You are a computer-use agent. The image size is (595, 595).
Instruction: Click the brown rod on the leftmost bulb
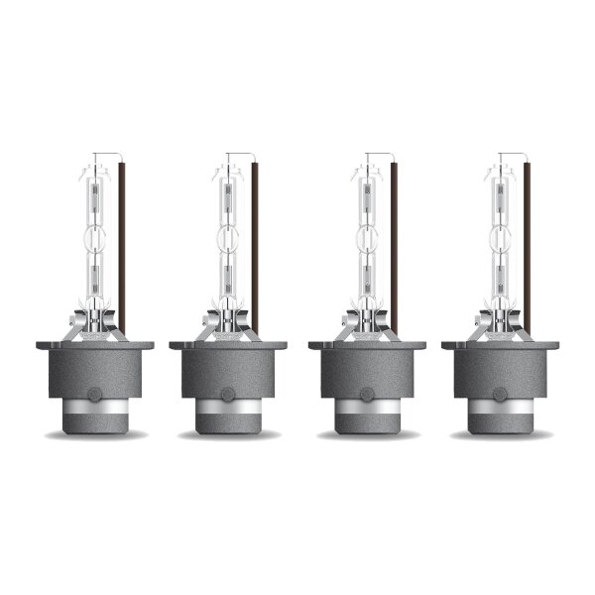coord(122,248)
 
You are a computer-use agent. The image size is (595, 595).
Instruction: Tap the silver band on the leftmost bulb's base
coord(94,408)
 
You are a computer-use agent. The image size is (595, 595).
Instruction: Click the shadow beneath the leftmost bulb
coord(95,434)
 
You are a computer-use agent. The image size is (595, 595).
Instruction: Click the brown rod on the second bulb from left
coord(255,248)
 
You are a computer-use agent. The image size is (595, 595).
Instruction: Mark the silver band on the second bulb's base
coord(228,408)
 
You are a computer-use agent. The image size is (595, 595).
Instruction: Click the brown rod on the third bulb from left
coord(394,248)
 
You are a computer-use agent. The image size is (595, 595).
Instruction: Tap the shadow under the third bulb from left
coord(367,434)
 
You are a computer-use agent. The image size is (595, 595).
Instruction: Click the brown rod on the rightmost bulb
coord(527,248)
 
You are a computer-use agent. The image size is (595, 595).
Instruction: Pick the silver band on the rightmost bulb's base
coord(500,408)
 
